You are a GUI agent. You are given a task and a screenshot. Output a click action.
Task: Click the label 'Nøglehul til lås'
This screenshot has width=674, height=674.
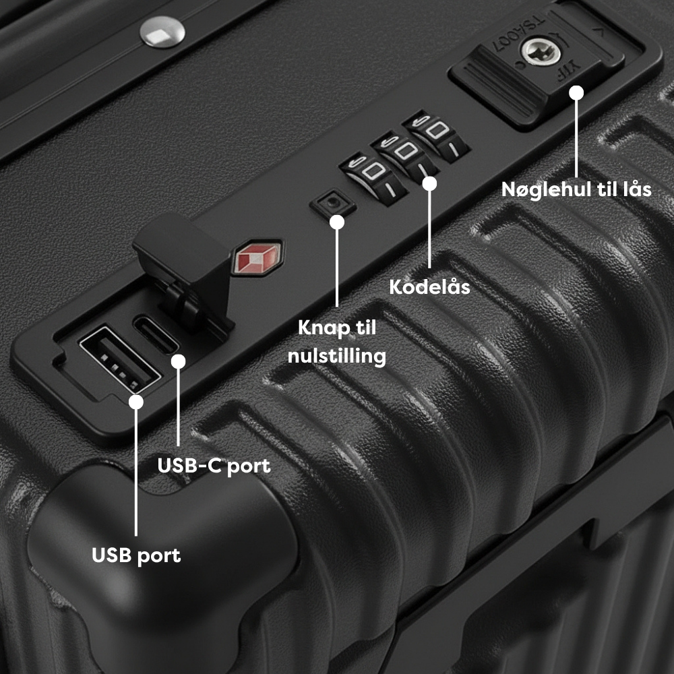pyautogui.click(x=576, y=189)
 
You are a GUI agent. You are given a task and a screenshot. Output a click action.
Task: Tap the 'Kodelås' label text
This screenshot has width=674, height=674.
pyautogui.click(x=429, y=286)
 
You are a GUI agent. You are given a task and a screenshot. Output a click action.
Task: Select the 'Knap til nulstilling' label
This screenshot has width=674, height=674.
pyautogui.click(x=337, y=342)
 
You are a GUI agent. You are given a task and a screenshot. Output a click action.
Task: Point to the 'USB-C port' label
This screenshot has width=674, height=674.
pyautogui.click(x=214, y=466)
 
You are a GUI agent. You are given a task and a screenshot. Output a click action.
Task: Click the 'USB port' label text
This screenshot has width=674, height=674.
pyautogui.click(x=136, y=555)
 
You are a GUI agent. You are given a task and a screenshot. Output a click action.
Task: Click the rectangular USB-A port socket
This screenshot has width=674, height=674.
pyautogui.click(x=120, y=359)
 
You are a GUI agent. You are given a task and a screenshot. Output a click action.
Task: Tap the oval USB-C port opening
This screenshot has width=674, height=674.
pyautogui.click(x=156, y=334)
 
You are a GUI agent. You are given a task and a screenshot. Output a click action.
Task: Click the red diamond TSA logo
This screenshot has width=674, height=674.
pyautogui.click(x=258, y=257)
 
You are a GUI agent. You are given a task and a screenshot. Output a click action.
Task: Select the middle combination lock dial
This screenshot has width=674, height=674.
pyautogui.click(x=404, y=155)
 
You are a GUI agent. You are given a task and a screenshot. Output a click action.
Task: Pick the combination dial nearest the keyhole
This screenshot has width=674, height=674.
pyautogui.click(x=436, y=135)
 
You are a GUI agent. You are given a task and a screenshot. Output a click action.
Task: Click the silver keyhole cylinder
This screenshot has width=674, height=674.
pyautogui.click(x=541, y=52)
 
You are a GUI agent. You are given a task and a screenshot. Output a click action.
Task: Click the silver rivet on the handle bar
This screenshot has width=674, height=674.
pyautogui.click(x=162, y=32)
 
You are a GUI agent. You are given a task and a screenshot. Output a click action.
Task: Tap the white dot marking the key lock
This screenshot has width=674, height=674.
pyautogui.click(x=576, y=92)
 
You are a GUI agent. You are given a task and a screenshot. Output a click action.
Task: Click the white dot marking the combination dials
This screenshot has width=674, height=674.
pyautogui.click(x=429, y=183)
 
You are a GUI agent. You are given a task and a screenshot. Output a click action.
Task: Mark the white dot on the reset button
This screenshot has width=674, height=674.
pyautogui.click(x=337, y=222)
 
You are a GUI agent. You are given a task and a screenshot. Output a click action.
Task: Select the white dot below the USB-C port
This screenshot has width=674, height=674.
pyautogui.click(x=179, y=361)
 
